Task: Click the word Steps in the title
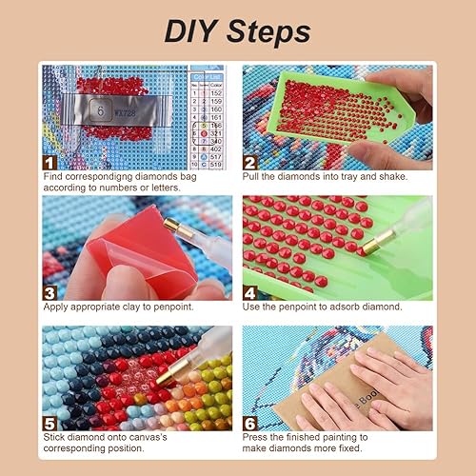tap(268, 31)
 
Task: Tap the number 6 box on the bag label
tap(97, 110)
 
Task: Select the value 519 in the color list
tap(214, 164)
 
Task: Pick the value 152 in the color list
tap(214, 92)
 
